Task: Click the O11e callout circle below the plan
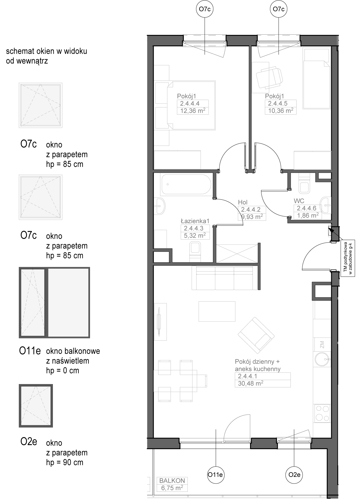pyautogui.click(x=216, y=475)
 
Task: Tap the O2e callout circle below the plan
pyautogui.click(x=294, y=475)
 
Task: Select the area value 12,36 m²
pyautogui.click(x=192, y=111)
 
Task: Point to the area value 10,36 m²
pyautogui.click(x=281, y=111)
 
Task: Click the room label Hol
pyautogui.click(x=243, y=202)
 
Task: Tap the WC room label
pyautogui.click(x=299, y=201)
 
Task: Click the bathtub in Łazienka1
pyautogui.click(x=187, y=184)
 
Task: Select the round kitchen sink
pyautogui.click(x=323, y=359)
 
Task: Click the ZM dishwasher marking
pyautogui.click(x=322, y=345)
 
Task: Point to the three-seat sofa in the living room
pyautogui.click(x=224, y=278)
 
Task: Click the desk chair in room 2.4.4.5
pyautogui.click(x=269, y=77)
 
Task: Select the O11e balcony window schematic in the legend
pyautogui.click(x=54, y=302)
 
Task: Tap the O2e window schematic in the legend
pyautogui.click(x=36, y=405)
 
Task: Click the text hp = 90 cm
pyautogui.click(x=65, y=462)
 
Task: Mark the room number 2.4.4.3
pyautogui.click(x=194, y=228)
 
